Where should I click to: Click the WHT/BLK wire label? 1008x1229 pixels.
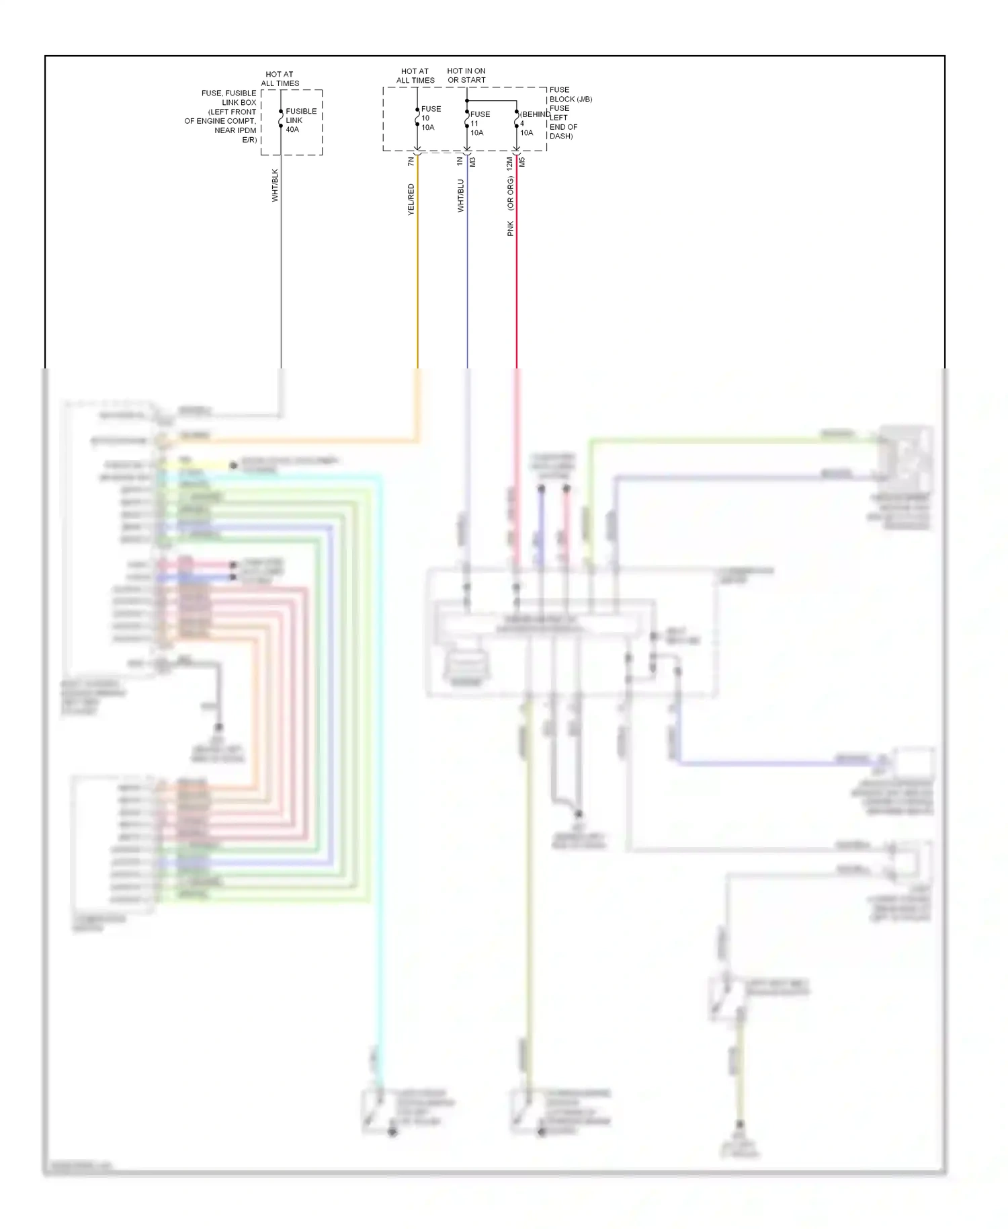[275, 186]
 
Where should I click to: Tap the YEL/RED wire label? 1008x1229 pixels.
[411, 200]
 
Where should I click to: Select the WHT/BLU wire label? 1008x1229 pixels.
[461, 196]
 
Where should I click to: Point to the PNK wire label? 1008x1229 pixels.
[510, 229]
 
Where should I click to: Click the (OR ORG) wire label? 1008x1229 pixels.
[510, 193]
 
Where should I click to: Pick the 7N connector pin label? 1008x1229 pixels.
[411, 161]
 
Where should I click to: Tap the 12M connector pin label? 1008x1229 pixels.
[509, 162]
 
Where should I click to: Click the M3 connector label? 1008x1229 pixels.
[472, 162]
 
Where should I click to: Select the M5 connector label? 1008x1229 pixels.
[522, 162]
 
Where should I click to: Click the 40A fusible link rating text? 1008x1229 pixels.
[292, 130]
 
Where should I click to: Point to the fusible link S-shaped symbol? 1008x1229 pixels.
[281, 120]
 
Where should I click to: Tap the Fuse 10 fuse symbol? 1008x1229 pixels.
[417, 118]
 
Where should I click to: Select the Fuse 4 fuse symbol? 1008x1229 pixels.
[516, 122]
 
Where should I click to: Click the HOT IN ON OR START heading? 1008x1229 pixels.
[466, 75]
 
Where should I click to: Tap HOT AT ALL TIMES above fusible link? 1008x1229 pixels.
[280, 79]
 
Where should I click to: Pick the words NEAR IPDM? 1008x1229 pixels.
[235, 130]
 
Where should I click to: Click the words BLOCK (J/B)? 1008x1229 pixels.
[571, 100]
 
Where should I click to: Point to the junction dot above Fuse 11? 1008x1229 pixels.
[467, 101]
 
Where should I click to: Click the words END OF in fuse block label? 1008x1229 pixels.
[563, 127]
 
